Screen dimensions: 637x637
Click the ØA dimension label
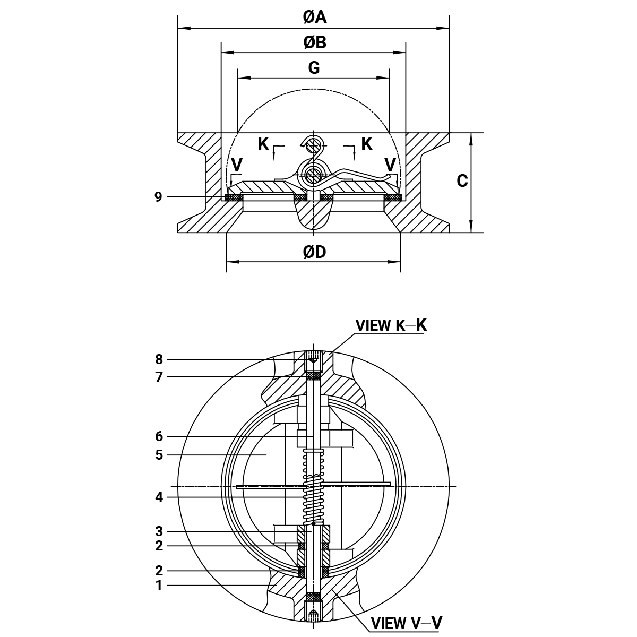315,17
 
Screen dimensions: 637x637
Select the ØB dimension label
315,42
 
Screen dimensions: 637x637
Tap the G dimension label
314,68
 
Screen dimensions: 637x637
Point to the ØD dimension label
314,252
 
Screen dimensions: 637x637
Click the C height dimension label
462,181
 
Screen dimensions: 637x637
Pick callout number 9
158,197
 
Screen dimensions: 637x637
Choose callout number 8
159,359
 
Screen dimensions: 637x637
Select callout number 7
159,377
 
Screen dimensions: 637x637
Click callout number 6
159,436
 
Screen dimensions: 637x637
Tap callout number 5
159,455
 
